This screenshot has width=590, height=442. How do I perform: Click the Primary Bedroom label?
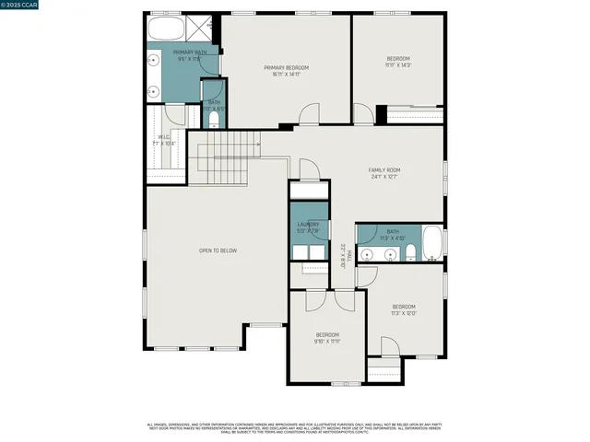tap(286, 67)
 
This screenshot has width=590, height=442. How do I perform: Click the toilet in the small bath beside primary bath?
tap(214, 118)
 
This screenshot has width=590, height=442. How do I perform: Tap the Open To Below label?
tap(218, 250)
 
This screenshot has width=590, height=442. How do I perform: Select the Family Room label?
tap(384, 170)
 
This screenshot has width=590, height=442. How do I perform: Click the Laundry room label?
tap(308, 224)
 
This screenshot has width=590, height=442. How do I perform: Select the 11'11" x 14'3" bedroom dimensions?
tap(398, 65)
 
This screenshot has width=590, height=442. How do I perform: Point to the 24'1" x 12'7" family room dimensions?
tap(384, 178)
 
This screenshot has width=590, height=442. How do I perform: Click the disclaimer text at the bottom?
tap(295, 429)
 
